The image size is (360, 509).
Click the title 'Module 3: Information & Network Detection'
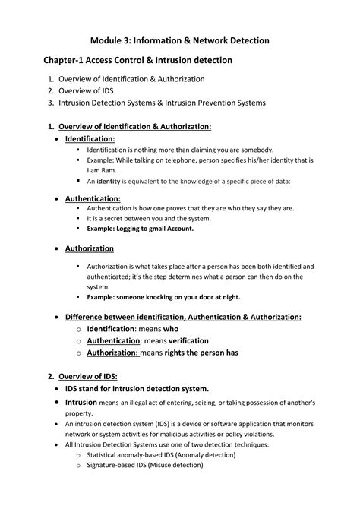(x=179, y=39)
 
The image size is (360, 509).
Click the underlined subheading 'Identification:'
(x=90, y=139)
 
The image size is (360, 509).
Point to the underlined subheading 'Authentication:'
(x=93, y=198)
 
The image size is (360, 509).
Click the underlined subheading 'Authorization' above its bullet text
(x=90, y=248)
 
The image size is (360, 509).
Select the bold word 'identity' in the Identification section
(x=108, y=181)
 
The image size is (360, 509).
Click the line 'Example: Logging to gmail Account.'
(x=141, y=228)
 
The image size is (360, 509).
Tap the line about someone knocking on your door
(x=163, y=298)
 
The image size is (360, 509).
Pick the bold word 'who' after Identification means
(x=171, y=329)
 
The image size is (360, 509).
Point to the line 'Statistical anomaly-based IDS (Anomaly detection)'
(x=161, y=454)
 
